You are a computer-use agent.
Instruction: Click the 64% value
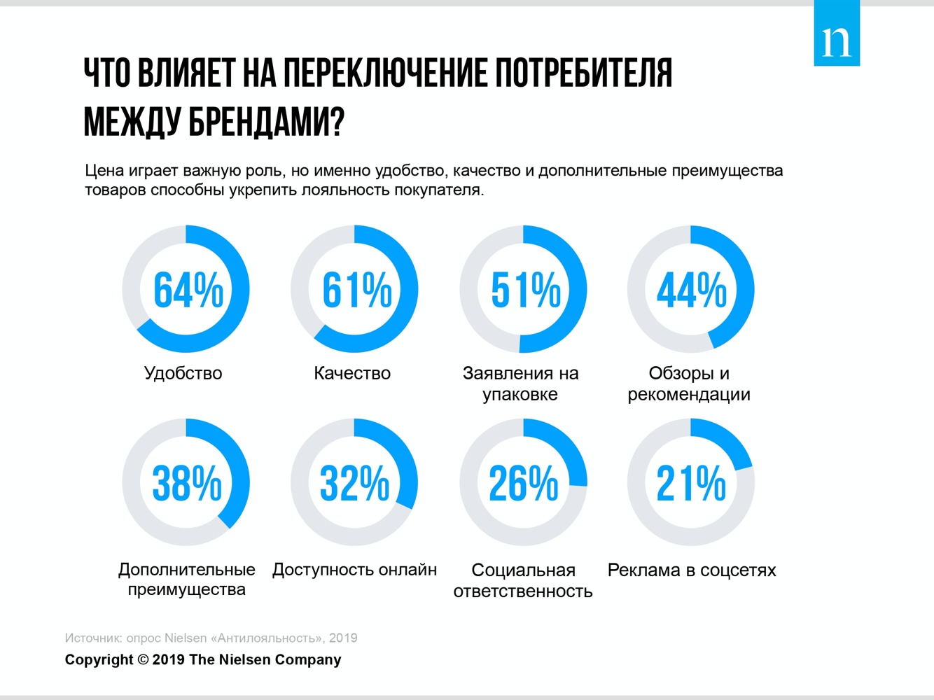tap(188, 290)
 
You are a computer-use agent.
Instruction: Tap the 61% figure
tap(356, 290)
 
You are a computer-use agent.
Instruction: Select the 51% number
tap(525, 290)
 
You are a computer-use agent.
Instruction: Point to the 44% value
tap(692, 290)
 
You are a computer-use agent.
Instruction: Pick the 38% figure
tap(187, 483)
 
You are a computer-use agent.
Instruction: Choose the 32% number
tap(354, 483)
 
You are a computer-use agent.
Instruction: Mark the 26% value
tap(524, 483)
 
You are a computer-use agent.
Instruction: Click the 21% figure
tap(692, 483)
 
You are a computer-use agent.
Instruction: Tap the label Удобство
tap(183, 374)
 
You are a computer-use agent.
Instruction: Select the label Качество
tap(352, 373)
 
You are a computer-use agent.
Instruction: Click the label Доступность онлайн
tap(354, 570)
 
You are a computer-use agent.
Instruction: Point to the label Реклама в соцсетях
tap(692, 570)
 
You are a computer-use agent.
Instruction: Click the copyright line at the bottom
tap(203, 659)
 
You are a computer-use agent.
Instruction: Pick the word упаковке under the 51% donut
tap(520, 395)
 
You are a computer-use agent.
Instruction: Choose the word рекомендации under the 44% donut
tap(689, 395)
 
